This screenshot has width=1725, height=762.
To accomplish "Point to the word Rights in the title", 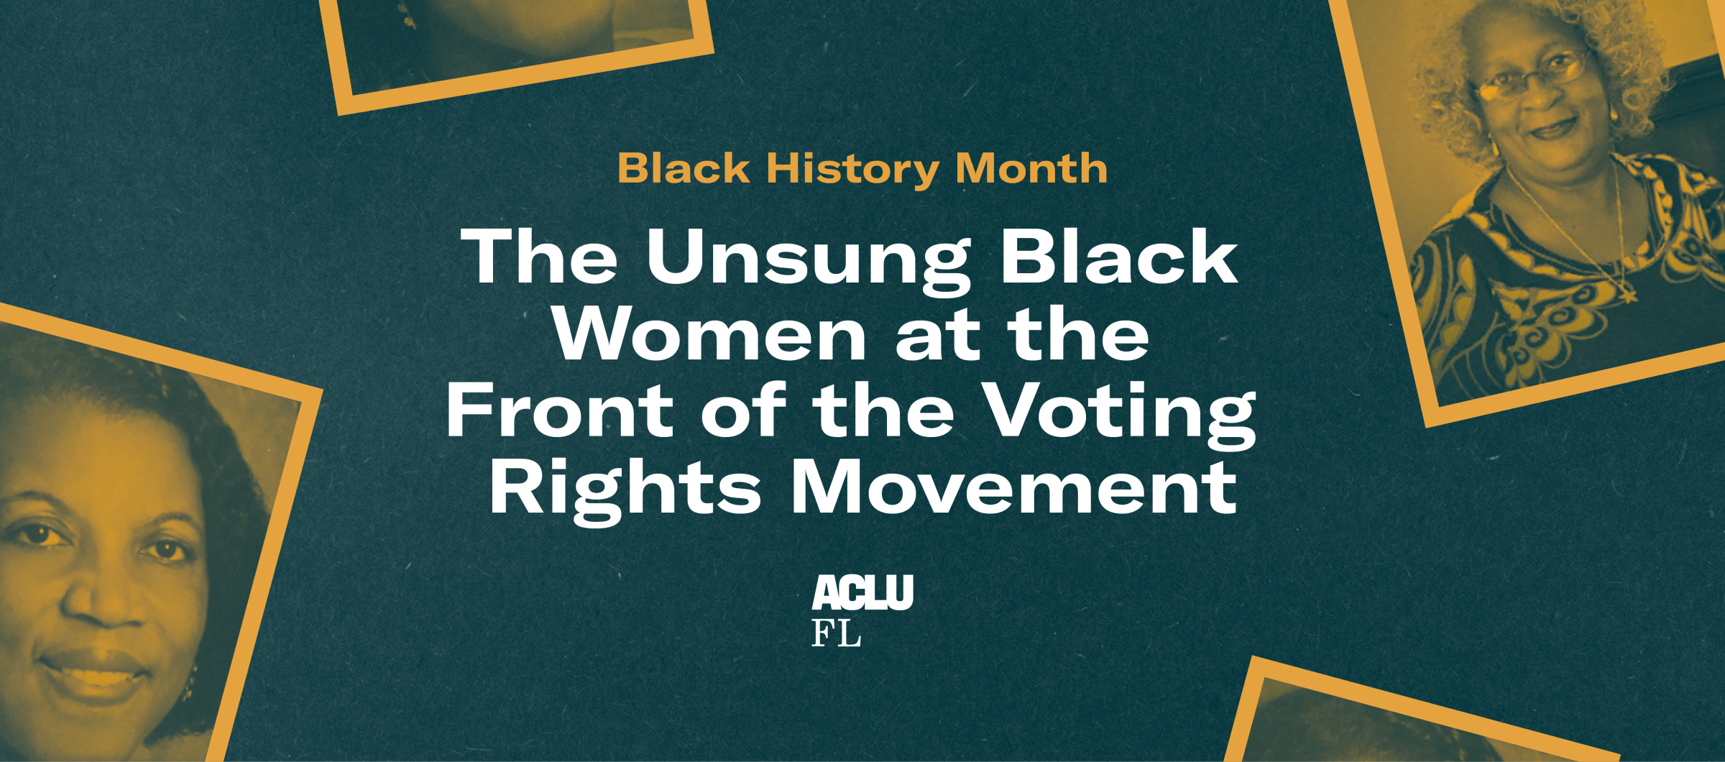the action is click(x=625, y=492).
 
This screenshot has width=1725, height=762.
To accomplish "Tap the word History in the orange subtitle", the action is click(x=852, y=170).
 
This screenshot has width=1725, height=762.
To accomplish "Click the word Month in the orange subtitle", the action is click(x=1031, y=168).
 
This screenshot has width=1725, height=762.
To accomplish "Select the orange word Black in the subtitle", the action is click(x=684, y=168).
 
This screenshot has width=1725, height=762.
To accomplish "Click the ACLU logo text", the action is click(x=862, y=592).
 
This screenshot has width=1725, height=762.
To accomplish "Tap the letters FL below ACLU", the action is click(x=836, y=633).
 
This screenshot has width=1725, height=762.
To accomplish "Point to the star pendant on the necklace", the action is click(x=1629, y=294).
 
